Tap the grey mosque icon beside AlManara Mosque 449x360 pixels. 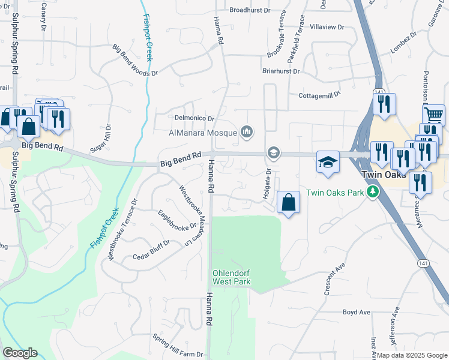click(x=246, y=131)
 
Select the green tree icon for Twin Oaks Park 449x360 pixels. click(x=373, y=192)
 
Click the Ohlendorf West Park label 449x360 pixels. click(x=231, y=277)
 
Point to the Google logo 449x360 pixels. click(x=19, y=353)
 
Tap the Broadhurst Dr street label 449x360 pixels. click(x=250, y=10)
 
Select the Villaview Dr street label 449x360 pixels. click(x=327, y=27)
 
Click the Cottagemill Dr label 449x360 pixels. click(x=319, y=94)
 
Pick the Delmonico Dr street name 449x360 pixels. click(x=194, y=119)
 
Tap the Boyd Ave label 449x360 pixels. click(x=357, y=312)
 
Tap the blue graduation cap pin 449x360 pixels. click(x=328, y=162)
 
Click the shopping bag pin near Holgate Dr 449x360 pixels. click(x=289, y=202)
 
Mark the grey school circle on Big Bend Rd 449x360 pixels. click(x=274, y=153)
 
